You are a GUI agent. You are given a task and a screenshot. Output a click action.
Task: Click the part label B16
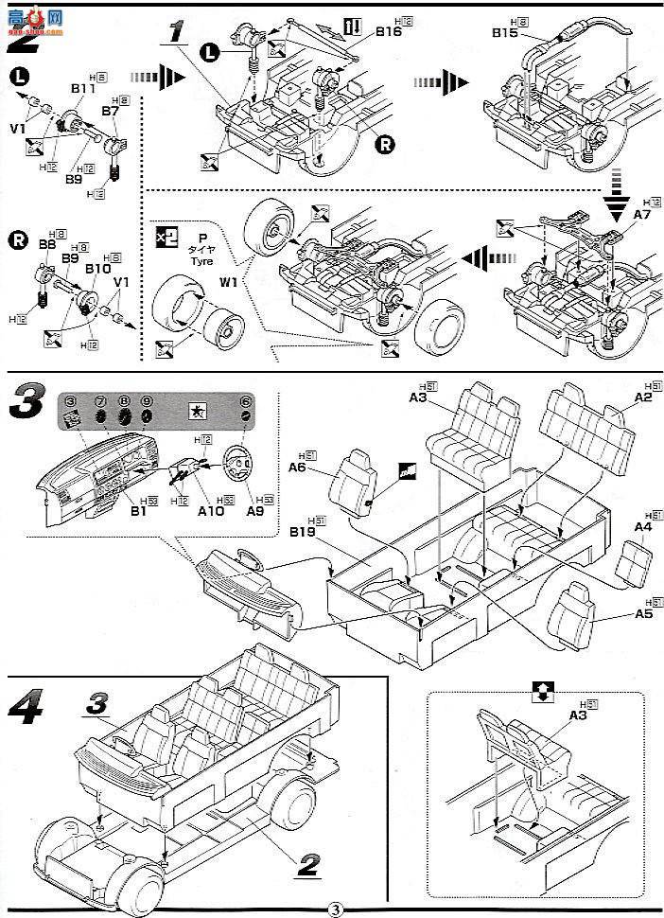pyautogui.click(x=388, y=31)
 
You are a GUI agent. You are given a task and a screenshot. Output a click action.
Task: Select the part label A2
pyautogui.click(x=643, y=398)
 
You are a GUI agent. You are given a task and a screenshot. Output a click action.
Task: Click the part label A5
pyautogui.click(x=644, y=614)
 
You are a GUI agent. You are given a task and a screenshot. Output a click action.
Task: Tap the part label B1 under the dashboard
pyautogui.click(x=138, y=510)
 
